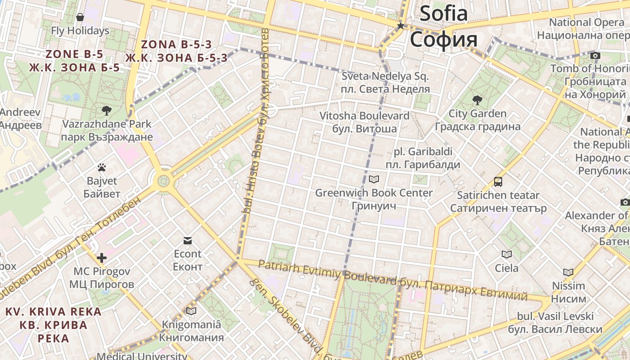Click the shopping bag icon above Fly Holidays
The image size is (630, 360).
80,18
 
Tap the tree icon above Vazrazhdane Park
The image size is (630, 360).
107,110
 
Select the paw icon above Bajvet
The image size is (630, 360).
102,167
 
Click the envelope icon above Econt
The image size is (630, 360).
188,241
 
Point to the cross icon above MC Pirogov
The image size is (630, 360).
102,258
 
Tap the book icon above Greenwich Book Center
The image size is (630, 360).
374,180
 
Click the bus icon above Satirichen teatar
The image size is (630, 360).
498,182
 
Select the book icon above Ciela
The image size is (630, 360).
507,255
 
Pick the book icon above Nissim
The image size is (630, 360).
568,272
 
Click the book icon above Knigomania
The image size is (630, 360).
191,311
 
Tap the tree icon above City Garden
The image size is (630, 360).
477,100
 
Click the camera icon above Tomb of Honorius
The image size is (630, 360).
595,55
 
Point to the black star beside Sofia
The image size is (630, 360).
400,26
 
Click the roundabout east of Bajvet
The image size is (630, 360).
163,181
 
